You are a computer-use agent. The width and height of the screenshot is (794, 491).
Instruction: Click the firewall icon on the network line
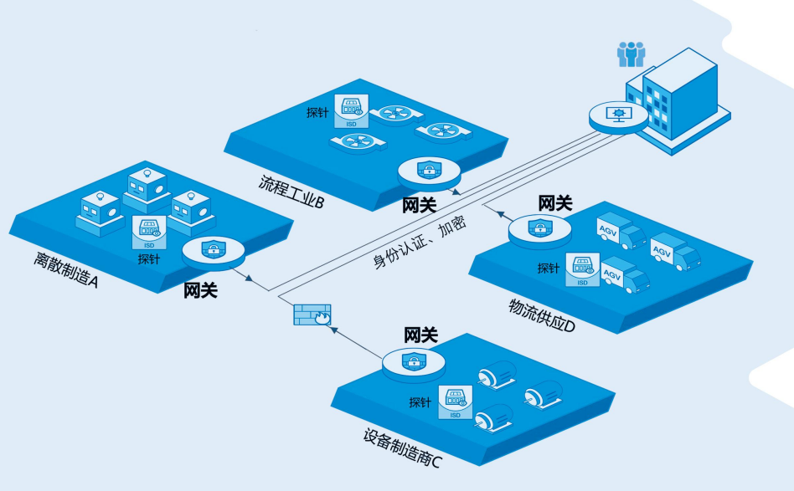click(x=312, y=315)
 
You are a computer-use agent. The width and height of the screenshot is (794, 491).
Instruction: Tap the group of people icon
click(x=631, y=54)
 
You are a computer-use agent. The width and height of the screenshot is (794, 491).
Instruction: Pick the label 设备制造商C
click(x=402, y=446)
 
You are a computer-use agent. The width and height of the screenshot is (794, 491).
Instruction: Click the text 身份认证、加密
click(x=419, y=240)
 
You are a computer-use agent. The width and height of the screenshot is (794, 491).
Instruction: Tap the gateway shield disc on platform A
click(x=214, y=249)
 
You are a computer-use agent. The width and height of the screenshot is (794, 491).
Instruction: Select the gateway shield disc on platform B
click(x=429, y=171)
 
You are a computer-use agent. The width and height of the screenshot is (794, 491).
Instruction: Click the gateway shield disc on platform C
click(x=412, y=362)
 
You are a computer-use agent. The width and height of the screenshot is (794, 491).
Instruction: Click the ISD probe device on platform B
click(x=350, y=112)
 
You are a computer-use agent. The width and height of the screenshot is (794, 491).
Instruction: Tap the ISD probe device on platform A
click(x=149, y=233)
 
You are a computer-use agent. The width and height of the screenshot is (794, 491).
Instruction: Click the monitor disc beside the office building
click(x=618, y=115)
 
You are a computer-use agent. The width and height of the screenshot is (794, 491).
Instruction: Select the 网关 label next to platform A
click(x=200, y=290)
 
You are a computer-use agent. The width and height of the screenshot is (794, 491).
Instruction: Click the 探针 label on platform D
click(x=549, y=269)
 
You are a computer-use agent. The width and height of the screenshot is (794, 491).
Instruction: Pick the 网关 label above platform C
click(x=420, y=335)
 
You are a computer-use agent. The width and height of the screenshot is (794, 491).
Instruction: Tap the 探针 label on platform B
click(x=317, y=113)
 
